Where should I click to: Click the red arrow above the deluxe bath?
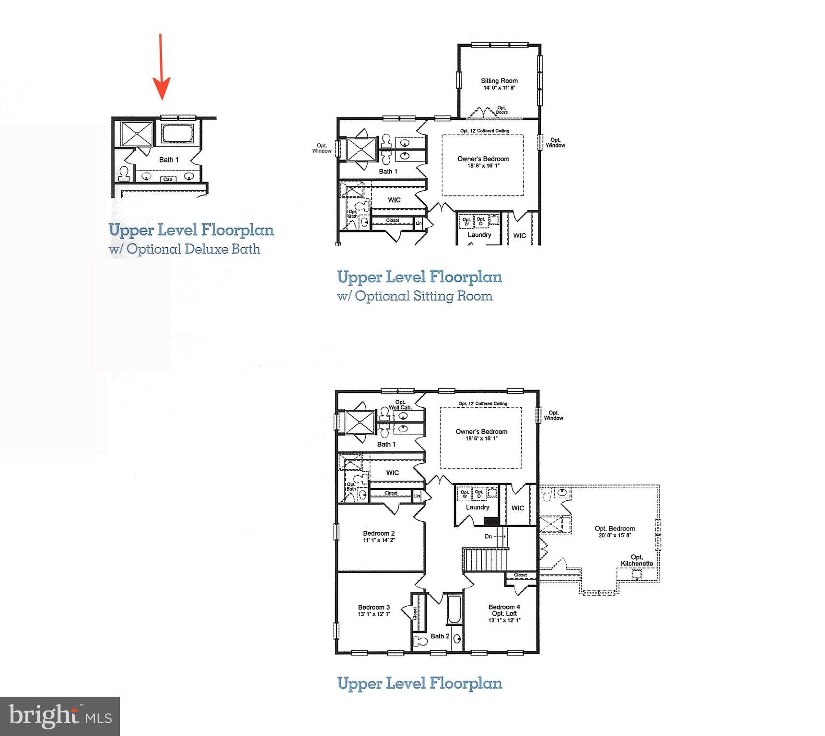pos(161,67)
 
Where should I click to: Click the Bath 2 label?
pos(440,636)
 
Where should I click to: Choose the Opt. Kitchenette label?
pos(637,560)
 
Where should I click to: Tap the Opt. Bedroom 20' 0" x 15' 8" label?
pos(615,531)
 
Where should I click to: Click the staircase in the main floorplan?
pos(485,559)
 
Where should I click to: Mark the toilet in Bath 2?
pos(421,641)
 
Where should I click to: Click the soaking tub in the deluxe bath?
pos(177,133)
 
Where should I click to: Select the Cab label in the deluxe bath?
pos(168,179)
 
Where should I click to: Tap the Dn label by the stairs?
pos(488,536)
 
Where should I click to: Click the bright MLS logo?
pos(60,716)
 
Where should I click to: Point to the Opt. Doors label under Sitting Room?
pos(501,110)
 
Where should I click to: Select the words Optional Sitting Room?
pos(424,296)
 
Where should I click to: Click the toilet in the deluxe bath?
pos(125,173)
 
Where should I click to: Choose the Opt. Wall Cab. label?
pos(400,405)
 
